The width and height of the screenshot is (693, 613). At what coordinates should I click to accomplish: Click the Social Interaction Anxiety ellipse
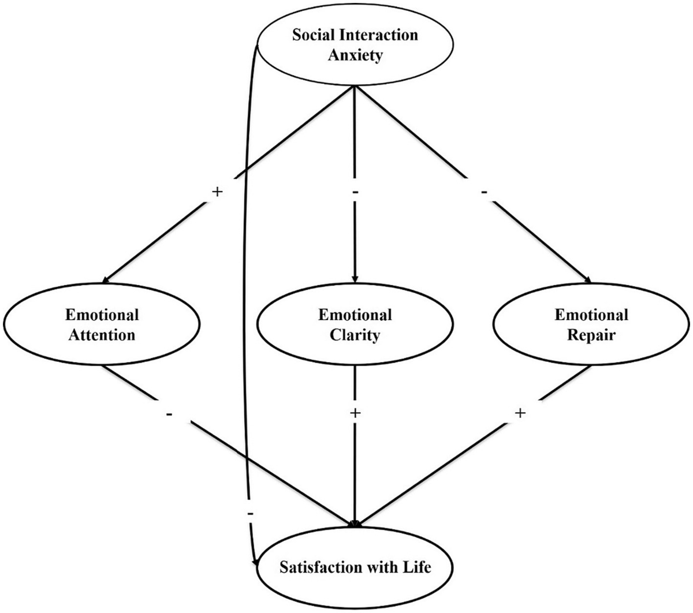(x=354, y=45)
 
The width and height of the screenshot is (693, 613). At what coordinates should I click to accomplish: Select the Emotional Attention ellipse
(x=102, y=325)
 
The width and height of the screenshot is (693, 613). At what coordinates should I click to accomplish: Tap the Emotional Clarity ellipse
(x=355, y=325)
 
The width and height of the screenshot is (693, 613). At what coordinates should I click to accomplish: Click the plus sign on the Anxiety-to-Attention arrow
(x=217, y=192)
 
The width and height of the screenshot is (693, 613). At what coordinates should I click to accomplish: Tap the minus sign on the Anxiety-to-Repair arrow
(x=484, y=192)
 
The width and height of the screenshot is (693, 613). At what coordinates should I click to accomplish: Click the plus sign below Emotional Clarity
(x=355, y=413)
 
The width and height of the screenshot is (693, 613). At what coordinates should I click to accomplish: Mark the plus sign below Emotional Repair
(x=520, y=413)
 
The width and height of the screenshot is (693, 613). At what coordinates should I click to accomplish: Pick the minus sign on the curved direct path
(x=249, y=513)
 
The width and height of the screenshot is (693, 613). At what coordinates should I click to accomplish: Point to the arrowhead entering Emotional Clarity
(x=354, y=278)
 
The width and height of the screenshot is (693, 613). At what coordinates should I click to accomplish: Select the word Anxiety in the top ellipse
(x=355, y=56)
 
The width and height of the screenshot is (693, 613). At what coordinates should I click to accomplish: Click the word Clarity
(x=355, y=335)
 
